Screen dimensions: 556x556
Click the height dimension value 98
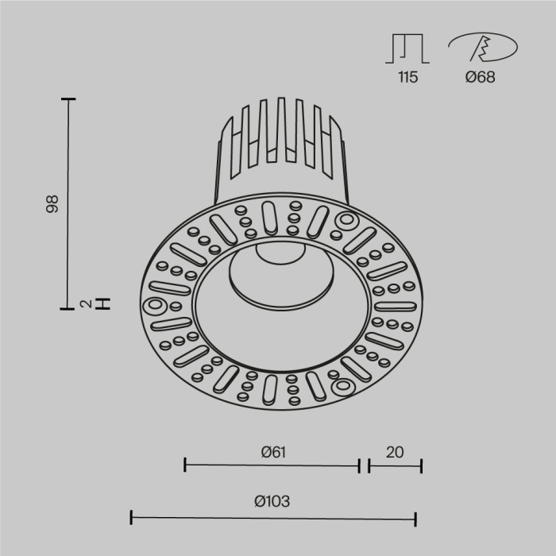pyautogui.click(x=53, y=204)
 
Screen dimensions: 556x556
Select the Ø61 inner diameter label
pyautogui.click(x=272, y=452)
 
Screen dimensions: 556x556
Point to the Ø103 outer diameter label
pyautogui.click(x=272, y=501)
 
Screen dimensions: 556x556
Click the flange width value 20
pyautogui.click(x=395, y=452)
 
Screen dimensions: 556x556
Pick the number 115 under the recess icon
pyautogui.click(x=407, y=77)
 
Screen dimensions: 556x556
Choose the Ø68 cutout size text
pyautogui.click(x=481, y=77)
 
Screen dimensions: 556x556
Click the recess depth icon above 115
pyautogui.click(x=407, y=48)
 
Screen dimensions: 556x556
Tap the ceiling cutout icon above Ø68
pyautogui.click(x=480, y=48)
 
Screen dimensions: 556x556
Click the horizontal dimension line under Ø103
pyautogui.click(x=273, y=519)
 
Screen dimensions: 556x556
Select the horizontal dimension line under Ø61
pyautogui.click(x=272, y=466)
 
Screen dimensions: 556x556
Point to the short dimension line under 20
pyautogui.click(x=395, y=466)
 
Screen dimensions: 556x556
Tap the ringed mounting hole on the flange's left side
pyautogui.click(x=153, y=305)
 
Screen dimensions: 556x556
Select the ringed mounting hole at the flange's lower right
pyautogui.click(x=342, y=387)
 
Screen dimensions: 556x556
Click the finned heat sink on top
pyautogui.click(x=280, y=139)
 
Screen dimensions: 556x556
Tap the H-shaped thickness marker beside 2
pyautogui.click(x=102, y=303)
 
